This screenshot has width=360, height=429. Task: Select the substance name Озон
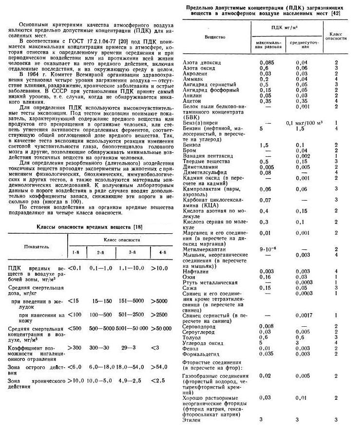click(x=190, y=277)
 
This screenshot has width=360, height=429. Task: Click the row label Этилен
click(x=191, y=420)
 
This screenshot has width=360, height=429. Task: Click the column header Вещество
click(x=215, y=37)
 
